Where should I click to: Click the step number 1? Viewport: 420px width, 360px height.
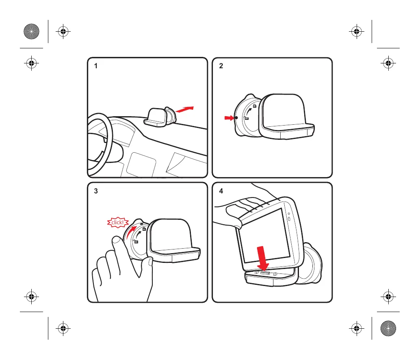(96, 66)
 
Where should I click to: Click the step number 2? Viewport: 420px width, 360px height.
(221, 66)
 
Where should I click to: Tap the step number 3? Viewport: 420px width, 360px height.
(96, 191)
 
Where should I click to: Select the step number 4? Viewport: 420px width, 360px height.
(221, 191)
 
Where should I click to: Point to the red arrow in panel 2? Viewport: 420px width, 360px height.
(229, 118)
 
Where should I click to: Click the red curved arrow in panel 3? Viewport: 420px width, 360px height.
(131, 232)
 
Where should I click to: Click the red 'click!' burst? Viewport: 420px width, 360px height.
(118, 222)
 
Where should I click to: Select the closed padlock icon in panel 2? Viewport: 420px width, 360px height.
(255, 106)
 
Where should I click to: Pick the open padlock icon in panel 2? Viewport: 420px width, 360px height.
(247, 118)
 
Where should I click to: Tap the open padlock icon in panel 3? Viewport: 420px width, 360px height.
(136, 241)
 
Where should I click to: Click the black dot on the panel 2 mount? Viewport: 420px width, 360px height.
(236, 117)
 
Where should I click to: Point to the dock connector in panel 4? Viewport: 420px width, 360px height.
(265, 273)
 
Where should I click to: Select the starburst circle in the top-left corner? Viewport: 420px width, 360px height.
(31, 31)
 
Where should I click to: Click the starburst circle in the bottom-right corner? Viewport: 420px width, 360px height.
(388, 328)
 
